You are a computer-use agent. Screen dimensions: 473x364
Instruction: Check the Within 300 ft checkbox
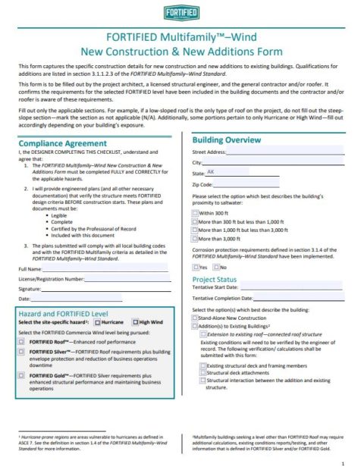click(196, 215)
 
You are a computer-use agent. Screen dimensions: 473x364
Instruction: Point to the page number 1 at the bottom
click(343, 463)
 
